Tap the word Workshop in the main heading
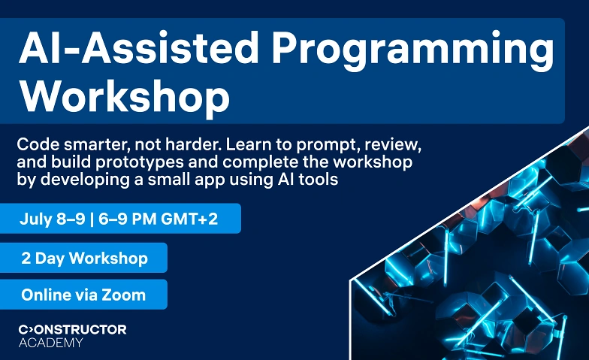coord(125,96)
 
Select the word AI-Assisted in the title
coord(138,47)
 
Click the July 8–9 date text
coord(53,218)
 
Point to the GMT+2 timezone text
coord(189,218)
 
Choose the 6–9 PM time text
coord(128,218)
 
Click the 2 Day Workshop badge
coord(83,258)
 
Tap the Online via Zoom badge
coord(83,295)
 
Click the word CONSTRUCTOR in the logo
coord(72,329)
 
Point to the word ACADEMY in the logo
coord(51,343)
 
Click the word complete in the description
coord(260,162)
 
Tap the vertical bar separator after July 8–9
coord(92,219)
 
